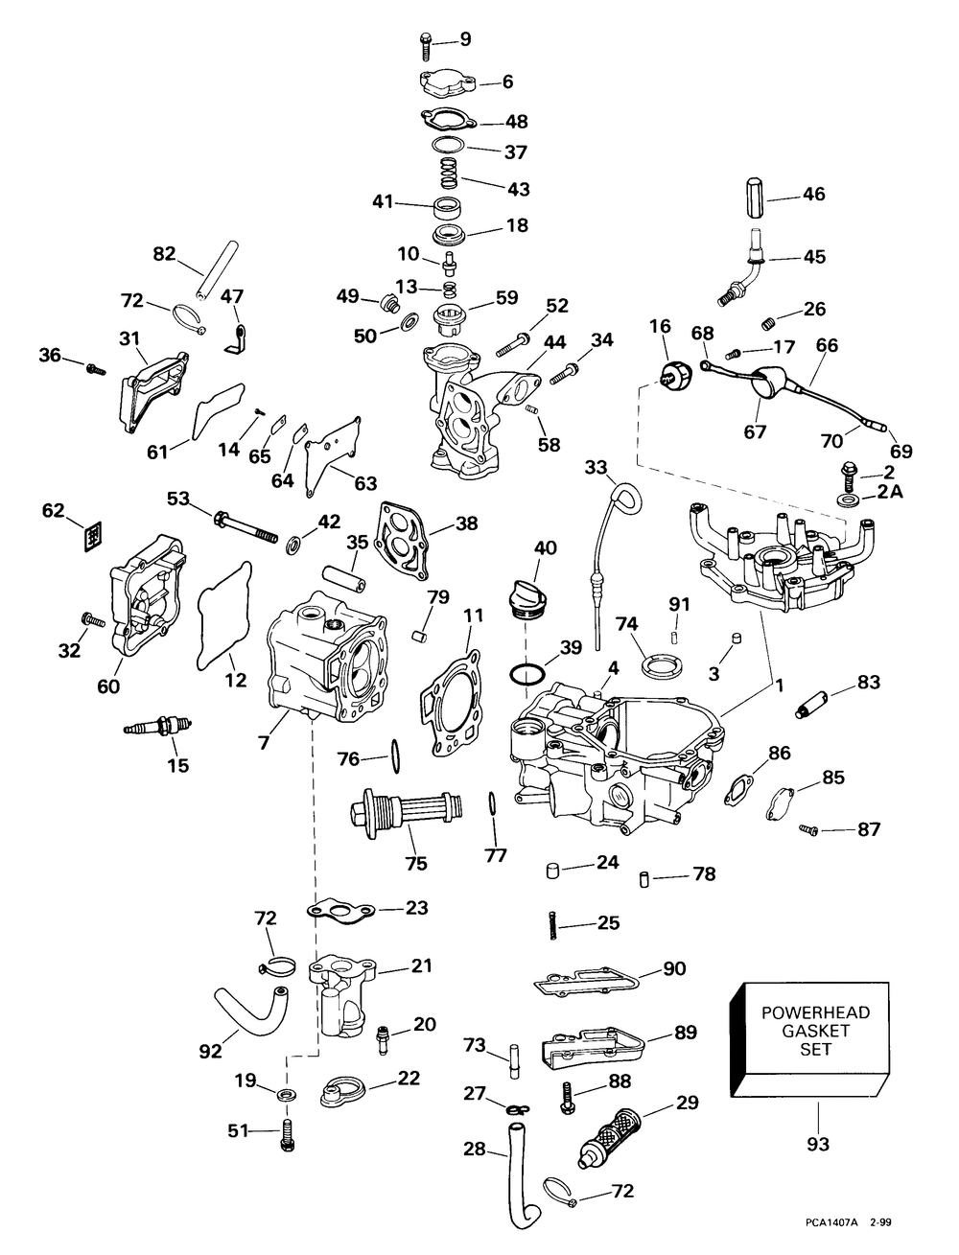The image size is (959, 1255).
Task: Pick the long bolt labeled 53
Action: pos(235,527)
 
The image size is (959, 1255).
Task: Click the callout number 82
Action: pos(164,254)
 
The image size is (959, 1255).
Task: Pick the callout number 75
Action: pos(415,862)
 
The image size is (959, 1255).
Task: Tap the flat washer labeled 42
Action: pos(292,545)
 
